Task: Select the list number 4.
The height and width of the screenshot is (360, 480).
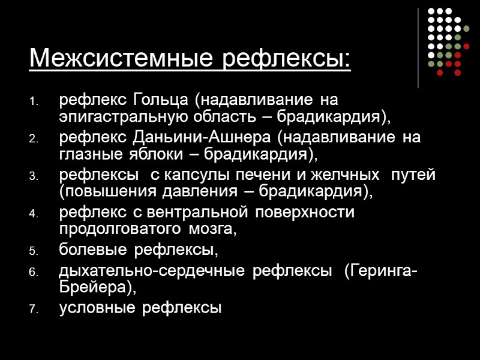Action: pos(33,213)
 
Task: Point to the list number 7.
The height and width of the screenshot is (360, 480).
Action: pos(33,310)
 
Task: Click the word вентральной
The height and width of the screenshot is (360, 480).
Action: pos(204,212)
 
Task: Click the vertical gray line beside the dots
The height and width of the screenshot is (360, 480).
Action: pos(418,48)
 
